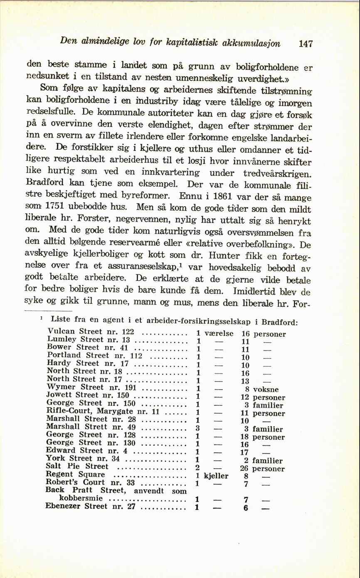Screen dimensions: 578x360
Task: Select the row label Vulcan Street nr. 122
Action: [x=91, y=332]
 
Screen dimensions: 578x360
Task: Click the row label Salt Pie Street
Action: [x=77, y=466]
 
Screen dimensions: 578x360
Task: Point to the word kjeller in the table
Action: [x=217, y=476]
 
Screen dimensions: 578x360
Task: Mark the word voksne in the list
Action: [x=266, y=390]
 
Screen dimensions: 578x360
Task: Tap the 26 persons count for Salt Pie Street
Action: [x=244, y=469]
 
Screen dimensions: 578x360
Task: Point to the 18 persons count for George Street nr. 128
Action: [x=244, y=437]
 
